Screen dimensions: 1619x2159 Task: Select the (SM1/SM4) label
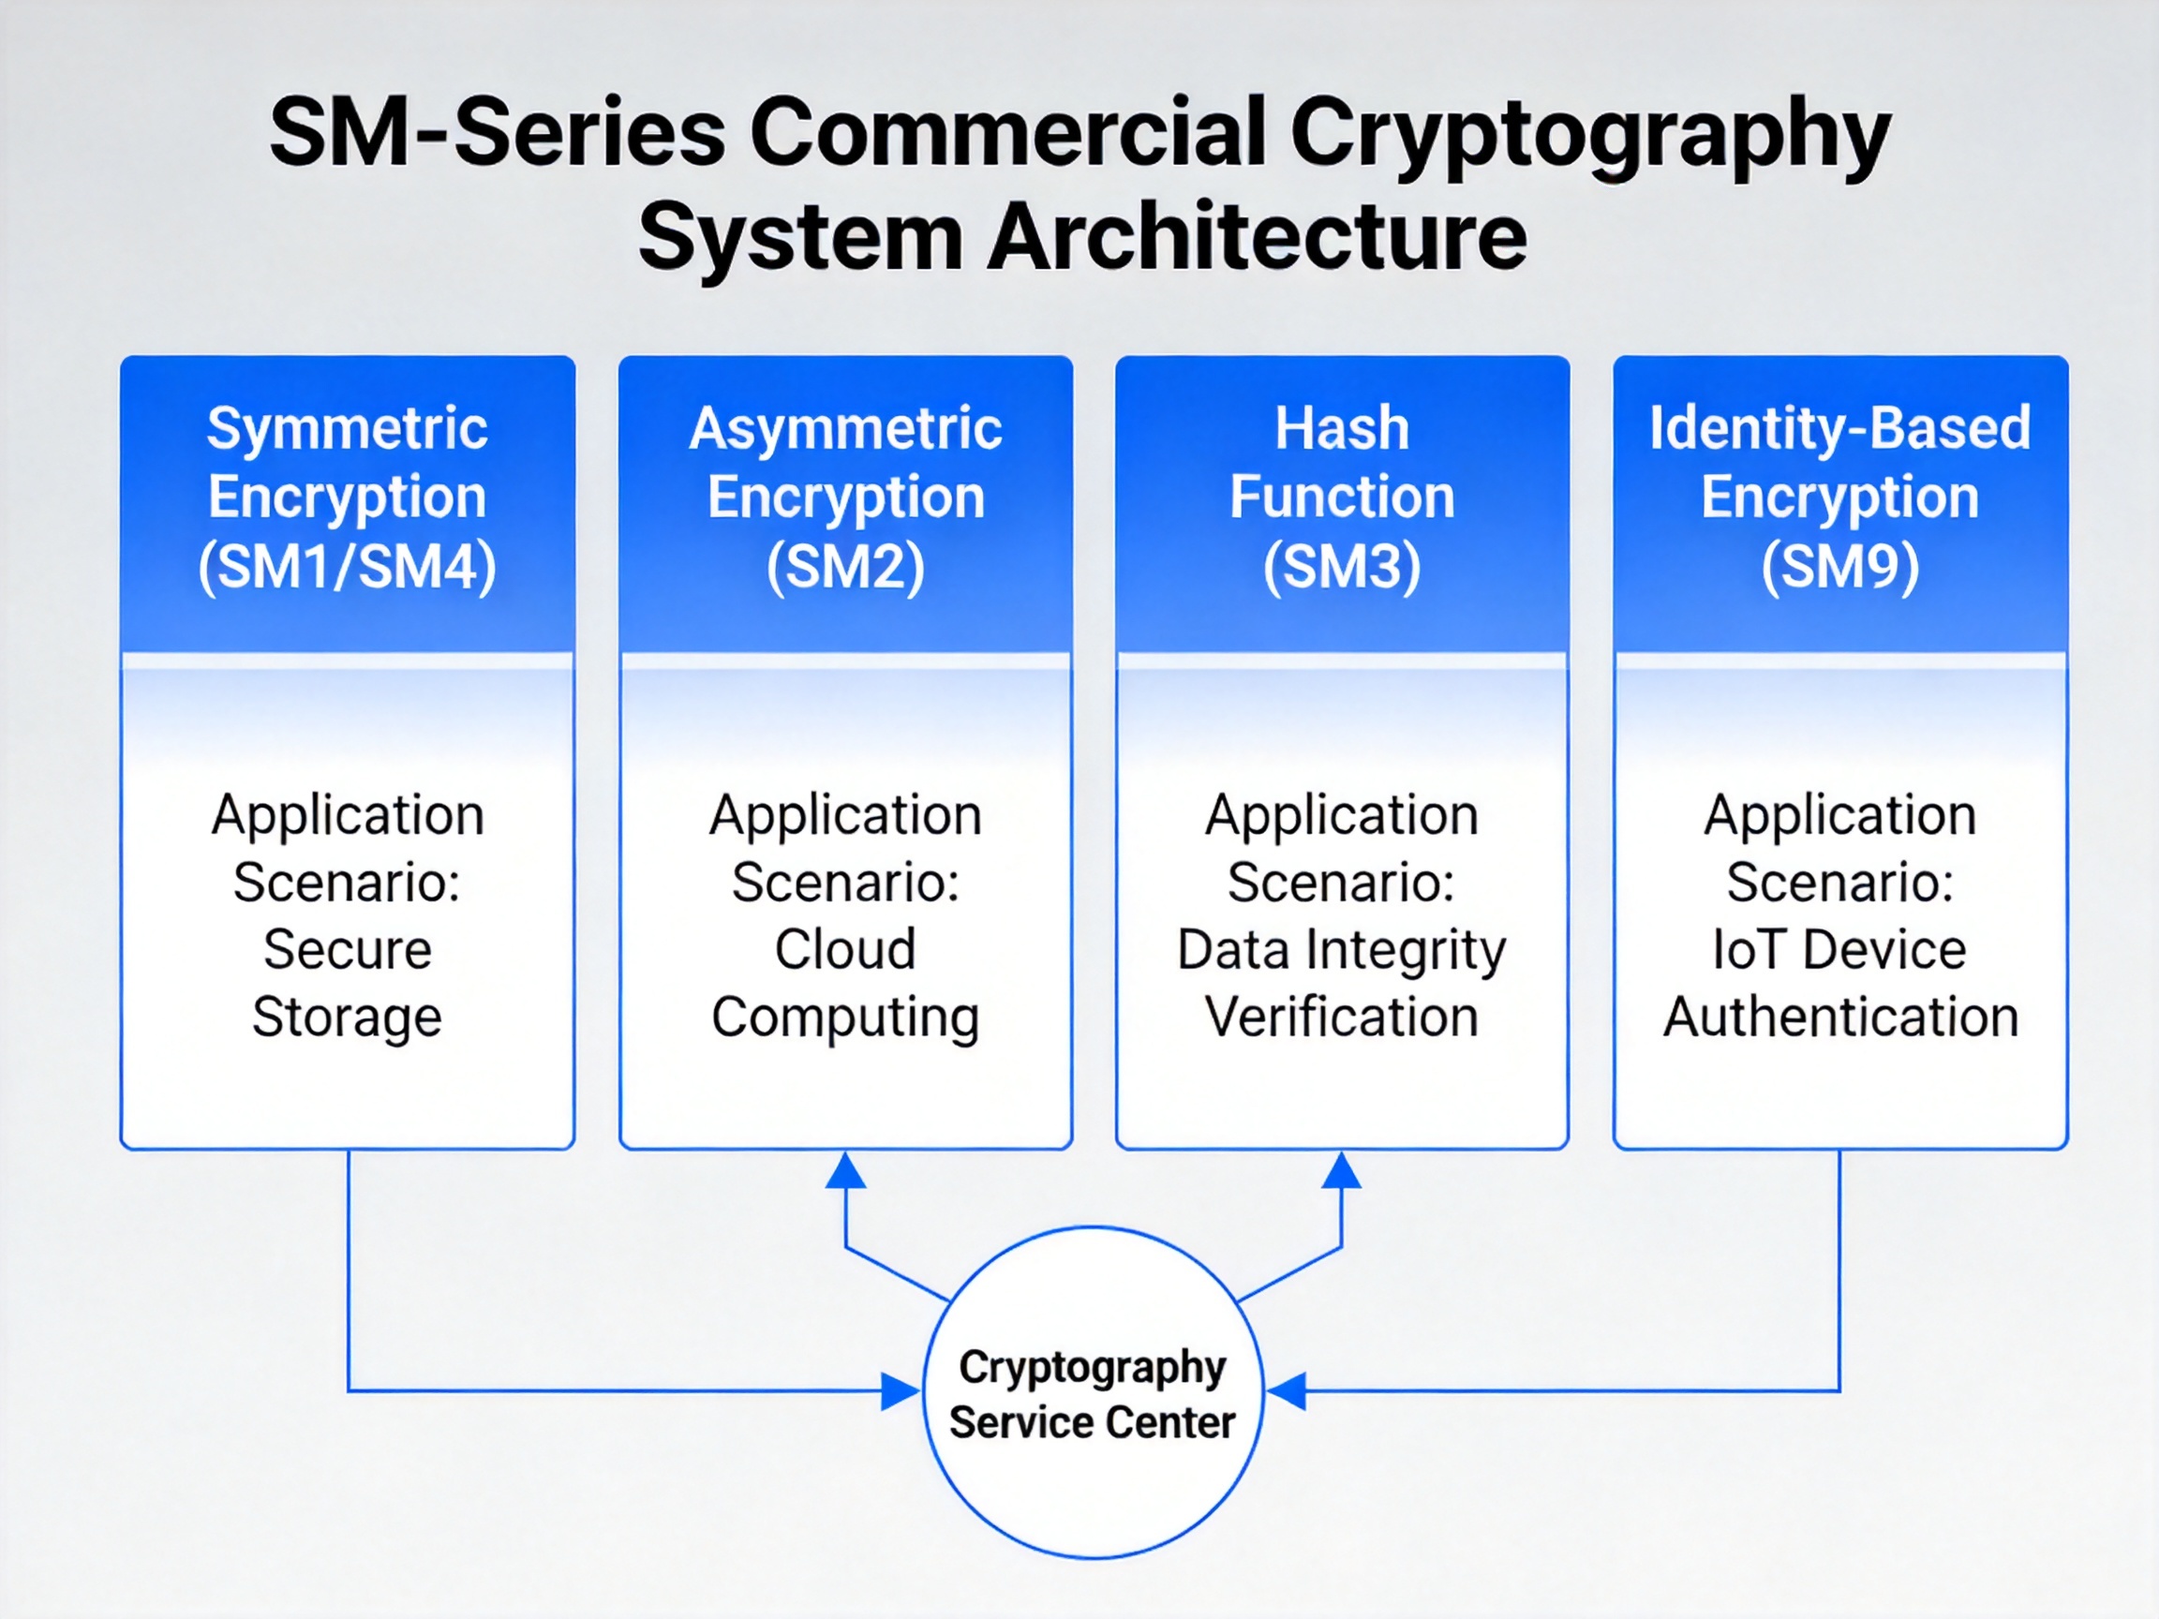coord(348,566)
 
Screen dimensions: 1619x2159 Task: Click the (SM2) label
coord(845,566)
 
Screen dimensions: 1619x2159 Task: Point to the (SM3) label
coord(1342,566)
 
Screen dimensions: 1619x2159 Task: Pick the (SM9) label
coord(1839,566)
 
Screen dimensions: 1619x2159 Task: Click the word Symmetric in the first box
coord(348,428)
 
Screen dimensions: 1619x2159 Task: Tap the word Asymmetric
coord(845,428)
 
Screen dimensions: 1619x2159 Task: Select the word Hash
coord(1342,428)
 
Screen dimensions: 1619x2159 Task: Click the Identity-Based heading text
coord(1839,428)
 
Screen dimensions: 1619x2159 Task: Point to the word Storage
coord(348,1017)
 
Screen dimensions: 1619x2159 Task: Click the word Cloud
coord(845,948)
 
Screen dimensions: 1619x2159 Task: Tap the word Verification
coord(1342,1017)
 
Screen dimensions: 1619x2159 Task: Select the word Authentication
coord(1840,1017)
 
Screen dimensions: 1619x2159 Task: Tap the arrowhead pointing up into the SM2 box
coord(845,1171)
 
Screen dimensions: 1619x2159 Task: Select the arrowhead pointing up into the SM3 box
coord(1342,1171)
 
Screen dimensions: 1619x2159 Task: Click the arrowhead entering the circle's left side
coord(899,1390)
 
